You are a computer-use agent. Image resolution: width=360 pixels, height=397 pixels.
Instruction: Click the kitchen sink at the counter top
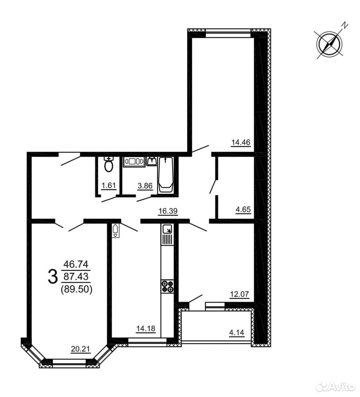[x=167, y=230]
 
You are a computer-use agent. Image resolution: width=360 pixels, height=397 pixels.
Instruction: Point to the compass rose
[x=330, y=44]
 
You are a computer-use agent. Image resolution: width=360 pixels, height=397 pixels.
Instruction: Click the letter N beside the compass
[x=345, y=25]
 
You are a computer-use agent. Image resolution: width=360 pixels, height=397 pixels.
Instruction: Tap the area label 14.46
[x=241, y=142]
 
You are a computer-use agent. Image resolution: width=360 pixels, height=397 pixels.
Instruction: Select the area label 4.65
[x=243, y=210]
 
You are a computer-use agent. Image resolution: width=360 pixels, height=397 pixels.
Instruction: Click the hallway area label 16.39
[x=168, y=210]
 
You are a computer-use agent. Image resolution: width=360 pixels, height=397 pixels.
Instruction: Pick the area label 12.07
[x=239, y=294]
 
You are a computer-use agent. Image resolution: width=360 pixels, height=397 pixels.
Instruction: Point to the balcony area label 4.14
[x=236, y=332]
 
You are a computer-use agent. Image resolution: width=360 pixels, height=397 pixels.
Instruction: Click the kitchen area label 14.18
[x=146, y=329]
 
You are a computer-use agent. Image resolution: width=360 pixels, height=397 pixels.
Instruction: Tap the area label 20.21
[x=81, y=349]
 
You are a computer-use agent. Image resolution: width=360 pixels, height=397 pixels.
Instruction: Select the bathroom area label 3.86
[x=145, y=186]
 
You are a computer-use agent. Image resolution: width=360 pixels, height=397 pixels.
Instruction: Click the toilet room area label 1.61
[x=109, y=186]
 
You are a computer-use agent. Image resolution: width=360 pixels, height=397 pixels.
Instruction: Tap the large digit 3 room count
[x=52, y=277]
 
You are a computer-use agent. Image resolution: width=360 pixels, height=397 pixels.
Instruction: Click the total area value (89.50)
[x=76, y=289]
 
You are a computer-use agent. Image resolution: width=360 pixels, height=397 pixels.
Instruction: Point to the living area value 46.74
[x=76, y=264]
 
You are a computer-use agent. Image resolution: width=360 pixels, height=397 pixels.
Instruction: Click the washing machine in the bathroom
[x=134, y=162]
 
